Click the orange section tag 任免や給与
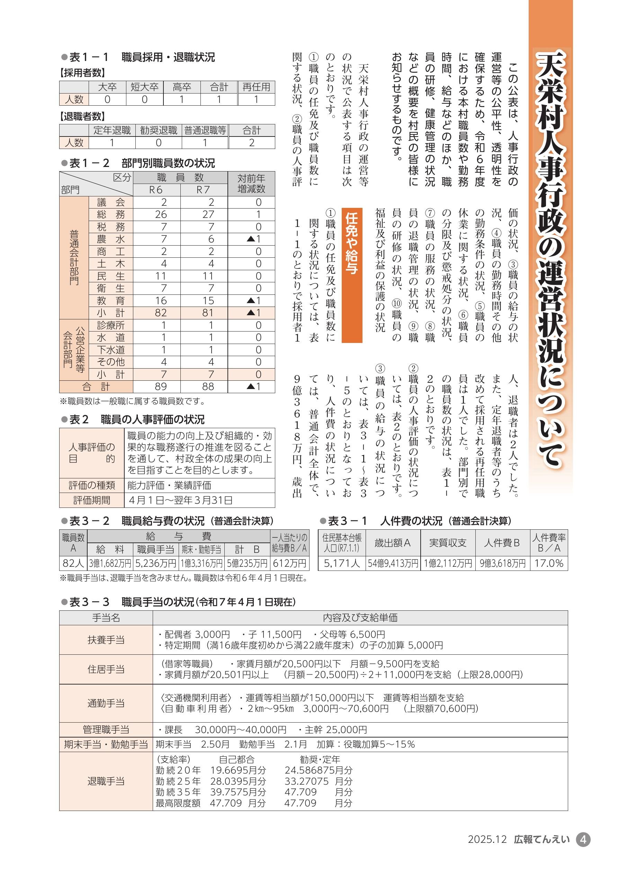[352, 275]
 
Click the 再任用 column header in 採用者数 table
[256, 87]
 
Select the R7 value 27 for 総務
[208, 214]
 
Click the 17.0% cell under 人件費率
[548, 563]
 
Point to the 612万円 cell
[289, 563]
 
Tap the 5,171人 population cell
[341, 563]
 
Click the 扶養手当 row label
[106, 640]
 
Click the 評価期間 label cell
[92, 500]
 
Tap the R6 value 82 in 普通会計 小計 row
[161, 313]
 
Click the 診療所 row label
[111, 325]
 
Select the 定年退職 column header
[112, 131]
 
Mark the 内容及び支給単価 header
[360, 617]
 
